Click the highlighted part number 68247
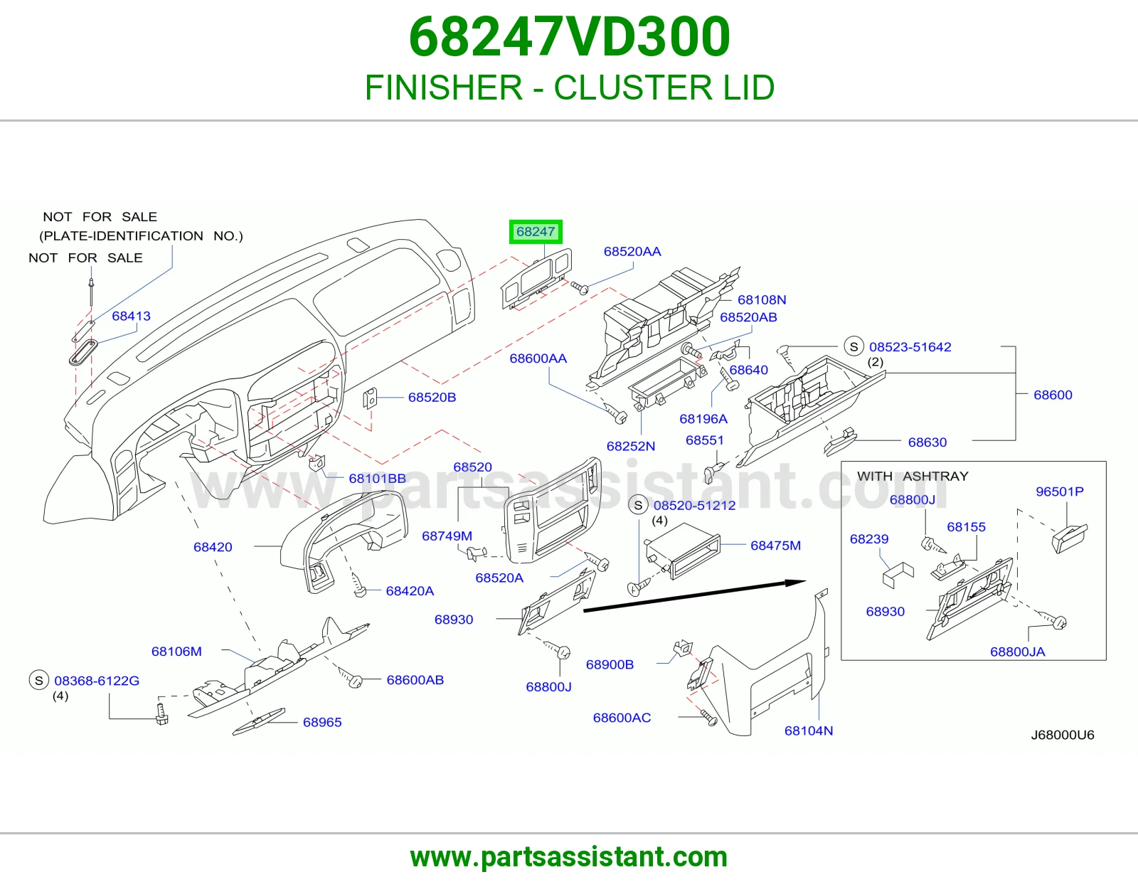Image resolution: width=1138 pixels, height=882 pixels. click(536, 231)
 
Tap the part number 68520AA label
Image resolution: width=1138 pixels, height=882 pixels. click(632, 251)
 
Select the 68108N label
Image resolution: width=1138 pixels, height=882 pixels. click(762, 299)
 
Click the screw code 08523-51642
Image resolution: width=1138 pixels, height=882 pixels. click(910, 346)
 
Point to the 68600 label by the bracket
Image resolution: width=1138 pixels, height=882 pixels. click(1053, 395)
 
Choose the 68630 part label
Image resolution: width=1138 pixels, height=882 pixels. click(927, 442)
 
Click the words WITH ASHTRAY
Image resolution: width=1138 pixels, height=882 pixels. click(913, 476)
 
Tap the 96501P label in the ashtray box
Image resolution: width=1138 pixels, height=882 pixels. click(1060, 492)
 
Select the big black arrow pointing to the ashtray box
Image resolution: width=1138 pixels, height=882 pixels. click(694, 595)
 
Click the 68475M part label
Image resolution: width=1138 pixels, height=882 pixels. click(775, 546)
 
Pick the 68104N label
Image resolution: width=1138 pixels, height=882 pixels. click(808, 730)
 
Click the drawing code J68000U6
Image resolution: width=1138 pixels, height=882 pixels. click(1062, 735)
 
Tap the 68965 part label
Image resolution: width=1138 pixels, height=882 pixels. click(322, 722)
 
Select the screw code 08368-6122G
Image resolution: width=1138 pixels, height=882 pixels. click(97, 681)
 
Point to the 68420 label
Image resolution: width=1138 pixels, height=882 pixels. click(213, 547)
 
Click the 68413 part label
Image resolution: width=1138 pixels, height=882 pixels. click(131, 316)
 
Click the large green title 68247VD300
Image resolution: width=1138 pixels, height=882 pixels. click(569, 37)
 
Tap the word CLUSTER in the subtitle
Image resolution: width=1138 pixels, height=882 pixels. click(633, 87)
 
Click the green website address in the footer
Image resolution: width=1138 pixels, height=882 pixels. click(569, 857)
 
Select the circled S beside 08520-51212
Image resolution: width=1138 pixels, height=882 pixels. click(638, 506)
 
